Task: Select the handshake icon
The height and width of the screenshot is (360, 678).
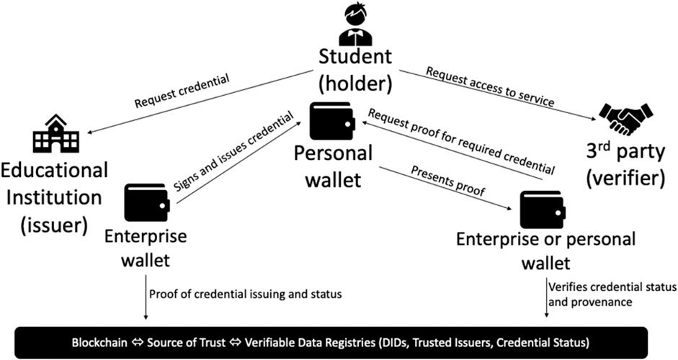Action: tap(625, 119)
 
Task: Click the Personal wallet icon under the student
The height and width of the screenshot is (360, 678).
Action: tap(332, 121)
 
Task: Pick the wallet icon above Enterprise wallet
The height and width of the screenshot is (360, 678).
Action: tap(146, 202)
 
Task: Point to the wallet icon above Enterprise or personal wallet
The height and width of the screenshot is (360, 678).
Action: tap(543, 210)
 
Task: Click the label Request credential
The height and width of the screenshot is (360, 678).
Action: tap(182, 92)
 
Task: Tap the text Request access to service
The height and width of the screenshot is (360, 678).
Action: tap(490, 87)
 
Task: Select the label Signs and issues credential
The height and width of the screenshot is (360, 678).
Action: tap(233, 152)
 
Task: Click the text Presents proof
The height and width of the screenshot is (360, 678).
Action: tap(448, 181)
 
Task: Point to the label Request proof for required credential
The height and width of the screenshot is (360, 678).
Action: tap(461, 141)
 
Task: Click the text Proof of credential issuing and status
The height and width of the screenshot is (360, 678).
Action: tap(246, 294)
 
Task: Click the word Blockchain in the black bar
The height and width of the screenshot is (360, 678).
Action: tap(99, 343)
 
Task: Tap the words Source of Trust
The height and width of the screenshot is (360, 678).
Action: tap(187, 343)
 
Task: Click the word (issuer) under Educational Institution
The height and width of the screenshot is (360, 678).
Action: tap(53, 225)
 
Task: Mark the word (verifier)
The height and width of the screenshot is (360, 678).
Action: tap(625, 179)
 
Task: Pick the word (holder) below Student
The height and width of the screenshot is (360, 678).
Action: tap(355, 84)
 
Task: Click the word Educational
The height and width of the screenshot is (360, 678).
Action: tap(54, 170)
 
